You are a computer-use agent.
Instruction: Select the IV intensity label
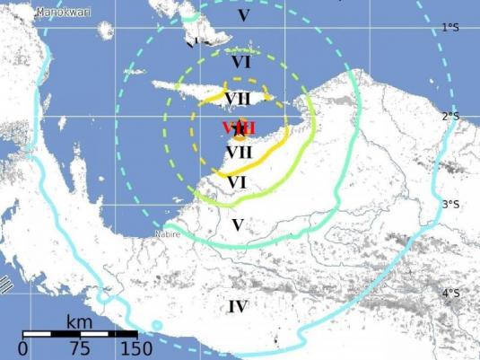click(237, 307)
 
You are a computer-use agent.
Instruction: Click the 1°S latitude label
click(451, 29)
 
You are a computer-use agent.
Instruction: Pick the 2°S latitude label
click(451, 117)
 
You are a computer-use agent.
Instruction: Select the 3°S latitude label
click(451, 205)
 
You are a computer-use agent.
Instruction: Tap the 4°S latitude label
click(451, 293)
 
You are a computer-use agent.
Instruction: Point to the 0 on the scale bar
click(22, 348)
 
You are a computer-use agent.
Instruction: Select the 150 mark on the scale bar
click(135, 348)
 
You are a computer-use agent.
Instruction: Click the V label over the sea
click(240, 15)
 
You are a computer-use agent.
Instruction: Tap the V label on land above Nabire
click(237, 224)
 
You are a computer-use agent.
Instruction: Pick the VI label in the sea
click(240, 62)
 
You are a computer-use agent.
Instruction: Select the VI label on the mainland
click(237, 182)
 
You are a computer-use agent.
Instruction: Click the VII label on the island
click(238, 98)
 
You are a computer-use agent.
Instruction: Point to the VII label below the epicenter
click(238, 152)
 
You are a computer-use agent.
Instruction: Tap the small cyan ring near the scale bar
click(157, 324)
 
